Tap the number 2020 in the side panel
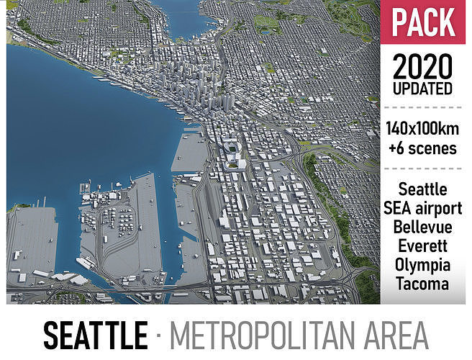423,69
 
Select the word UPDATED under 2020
423,90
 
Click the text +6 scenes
423,149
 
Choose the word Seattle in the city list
423,189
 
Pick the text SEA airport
423,208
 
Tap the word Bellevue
423,227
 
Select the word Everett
423,246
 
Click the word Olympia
423,264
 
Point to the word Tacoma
423,283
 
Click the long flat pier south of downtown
189,152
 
